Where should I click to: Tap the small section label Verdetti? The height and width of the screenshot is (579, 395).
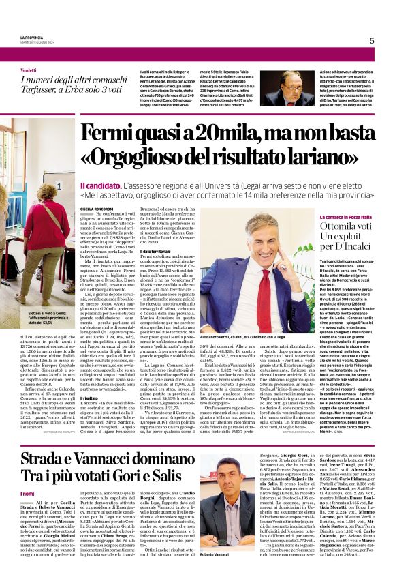[x=29, y=71]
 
